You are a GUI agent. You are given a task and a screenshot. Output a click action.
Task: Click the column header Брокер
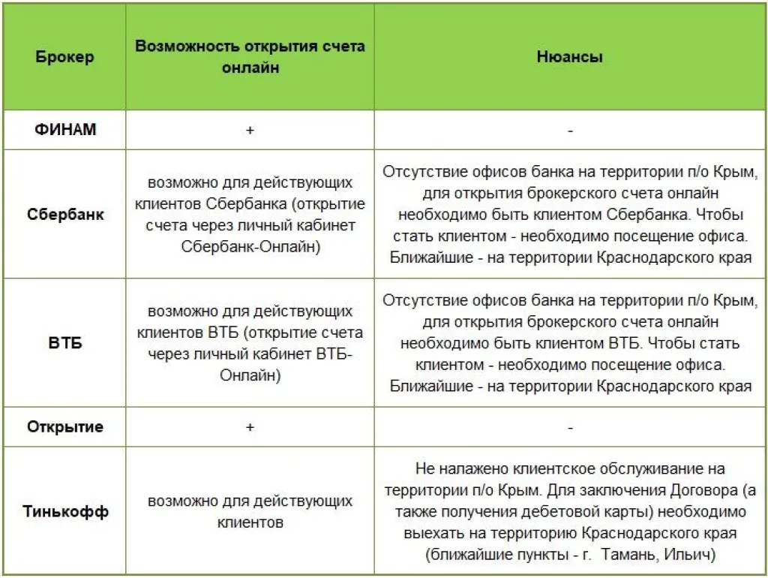pos(64,57)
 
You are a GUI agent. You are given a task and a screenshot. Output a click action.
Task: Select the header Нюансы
pos(570,57)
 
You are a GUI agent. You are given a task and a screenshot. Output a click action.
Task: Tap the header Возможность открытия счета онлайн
pos(250,56)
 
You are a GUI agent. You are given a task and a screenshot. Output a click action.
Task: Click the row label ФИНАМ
pos(65,130)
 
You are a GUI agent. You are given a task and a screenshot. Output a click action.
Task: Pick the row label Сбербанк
pos(65,215)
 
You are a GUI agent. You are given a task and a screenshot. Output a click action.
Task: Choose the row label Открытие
pos(65,427)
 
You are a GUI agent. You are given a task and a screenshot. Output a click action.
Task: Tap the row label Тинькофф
pos(65,512)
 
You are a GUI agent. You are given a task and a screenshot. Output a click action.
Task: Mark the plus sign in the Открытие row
pos(250,427)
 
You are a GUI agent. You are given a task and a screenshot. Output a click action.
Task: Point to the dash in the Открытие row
pos(571,428)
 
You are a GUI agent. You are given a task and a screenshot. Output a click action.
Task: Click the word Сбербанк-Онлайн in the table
pos(250,247)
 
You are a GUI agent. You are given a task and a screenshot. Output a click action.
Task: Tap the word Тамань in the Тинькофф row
pos(626,555)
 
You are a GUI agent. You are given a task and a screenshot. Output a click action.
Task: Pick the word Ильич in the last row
pos(689,555)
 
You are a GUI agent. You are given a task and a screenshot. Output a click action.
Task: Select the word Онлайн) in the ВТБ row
pos(250,376)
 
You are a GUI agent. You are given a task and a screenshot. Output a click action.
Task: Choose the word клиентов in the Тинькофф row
pos(250,522)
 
